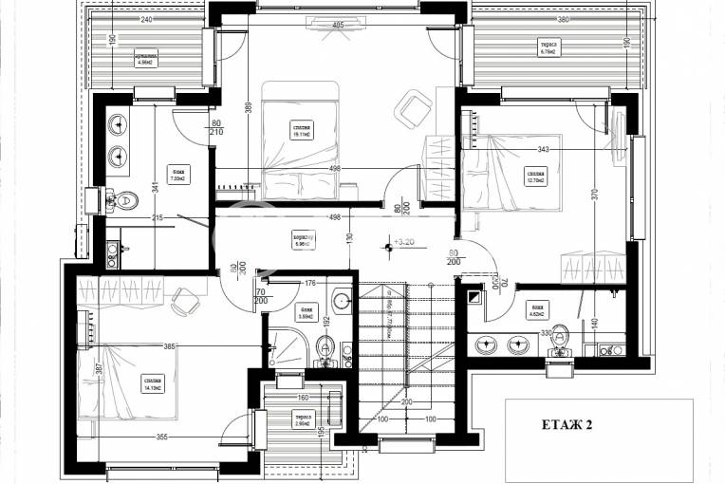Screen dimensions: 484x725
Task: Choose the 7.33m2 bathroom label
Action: (x=177, y=174)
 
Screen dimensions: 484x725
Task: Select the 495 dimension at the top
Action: (x=338, y=26)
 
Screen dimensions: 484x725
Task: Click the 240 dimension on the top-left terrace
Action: (x=145, y=19)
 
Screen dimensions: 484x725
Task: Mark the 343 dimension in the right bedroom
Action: (x=543, y=149)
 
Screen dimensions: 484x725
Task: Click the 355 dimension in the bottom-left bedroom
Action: (x=163, y=437)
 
